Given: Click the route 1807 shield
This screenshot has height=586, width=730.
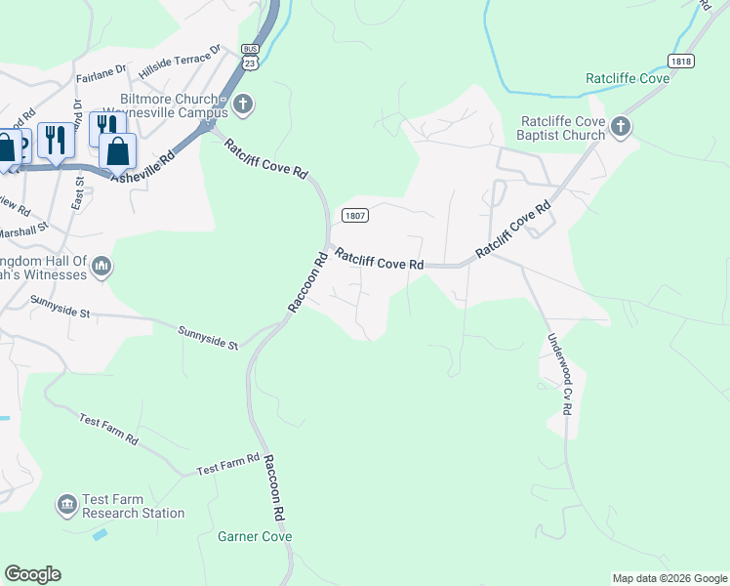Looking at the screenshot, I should [x=353, y=215].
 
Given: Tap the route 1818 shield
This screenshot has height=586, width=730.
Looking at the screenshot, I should [x=681, y=61].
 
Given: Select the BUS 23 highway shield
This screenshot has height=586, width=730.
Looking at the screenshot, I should [x=251, y=58].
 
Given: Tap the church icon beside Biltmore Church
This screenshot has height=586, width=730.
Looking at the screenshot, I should [x=243, y=104].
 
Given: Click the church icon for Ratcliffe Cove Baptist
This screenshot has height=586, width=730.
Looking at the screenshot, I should [x=621, y=127].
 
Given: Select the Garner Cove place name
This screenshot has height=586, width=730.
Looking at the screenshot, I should [x=255, y=536].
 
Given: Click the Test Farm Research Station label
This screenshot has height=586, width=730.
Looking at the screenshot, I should [x=133, y=506].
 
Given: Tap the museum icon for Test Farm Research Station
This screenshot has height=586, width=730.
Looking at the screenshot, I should [x=67, y=504].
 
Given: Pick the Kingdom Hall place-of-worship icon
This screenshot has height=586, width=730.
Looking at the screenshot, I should [x=103, y=267].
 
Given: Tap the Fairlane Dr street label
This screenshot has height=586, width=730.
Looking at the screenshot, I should [x=102, y=71].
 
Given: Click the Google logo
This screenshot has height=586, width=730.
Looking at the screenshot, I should [x=32, y=574].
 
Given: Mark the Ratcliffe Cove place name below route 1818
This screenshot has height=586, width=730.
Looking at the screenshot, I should [x=628, y=78].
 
